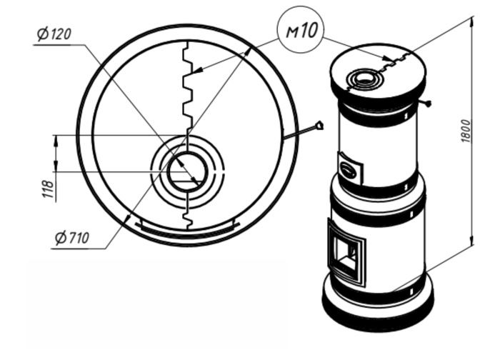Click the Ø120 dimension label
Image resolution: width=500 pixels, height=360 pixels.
[x=54, y=34]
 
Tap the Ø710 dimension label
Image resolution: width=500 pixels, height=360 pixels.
[x=71, y=238]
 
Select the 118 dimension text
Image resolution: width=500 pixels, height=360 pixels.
[x=48, y=189]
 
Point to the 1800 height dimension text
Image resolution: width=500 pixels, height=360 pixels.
[x=466, y=131]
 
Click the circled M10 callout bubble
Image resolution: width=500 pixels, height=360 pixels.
[x=301, y=30]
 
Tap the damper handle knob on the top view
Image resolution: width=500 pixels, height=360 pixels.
[x=319, y=125]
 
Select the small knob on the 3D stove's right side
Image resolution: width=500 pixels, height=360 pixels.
[x=428, y=103]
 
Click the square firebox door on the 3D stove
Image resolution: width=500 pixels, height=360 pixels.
[x=346, y=252]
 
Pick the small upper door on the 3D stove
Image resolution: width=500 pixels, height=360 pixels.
[x=350, y=167]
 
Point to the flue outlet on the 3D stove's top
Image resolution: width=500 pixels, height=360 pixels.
[x=363, y=78]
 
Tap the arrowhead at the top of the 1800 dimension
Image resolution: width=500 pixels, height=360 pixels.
[x=472, y=21]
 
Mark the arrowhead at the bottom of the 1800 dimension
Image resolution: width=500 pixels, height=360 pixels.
[x=472, y=240]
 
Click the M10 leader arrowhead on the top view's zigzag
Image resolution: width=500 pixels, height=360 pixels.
[x=197, y=70]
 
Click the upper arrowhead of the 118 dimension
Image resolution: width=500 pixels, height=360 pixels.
[x=56, y=140]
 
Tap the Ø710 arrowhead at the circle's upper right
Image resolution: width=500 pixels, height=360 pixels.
[x=247, y=53]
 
